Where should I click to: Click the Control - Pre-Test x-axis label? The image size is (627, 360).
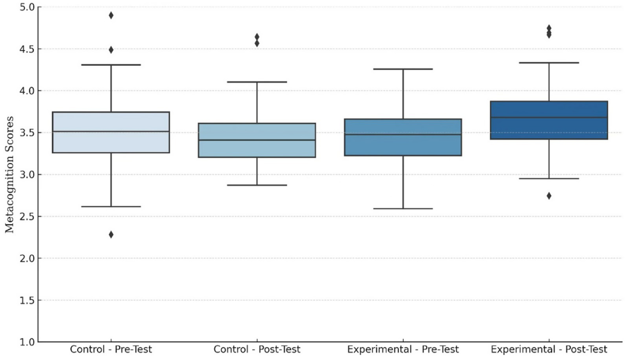click(111, 349)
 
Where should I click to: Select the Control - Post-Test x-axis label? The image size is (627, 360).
click(257, 349)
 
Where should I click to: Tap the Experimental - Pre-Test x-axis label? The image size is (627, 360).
click(403, 349)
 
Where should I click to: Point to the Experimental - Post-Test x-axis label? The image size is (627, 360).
click(549, 349)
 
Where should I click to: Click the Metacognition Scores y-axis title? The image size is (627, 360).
click(9, 174)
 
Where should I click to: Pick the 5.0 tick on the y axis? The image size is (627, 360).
click(27, 7)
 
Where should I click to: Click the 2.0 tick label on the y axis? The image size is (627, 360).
click(27, 258)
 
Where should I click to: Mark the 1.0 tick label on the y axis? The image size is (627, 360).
click(27, 342)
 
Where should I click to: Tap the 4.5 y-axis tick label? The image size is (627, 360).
click(27, 49)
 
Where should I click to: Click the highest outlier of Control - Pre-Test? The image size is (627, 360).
click(111, 16)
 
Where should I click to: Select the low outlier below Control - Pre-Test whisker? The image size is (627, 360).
click(111, 235)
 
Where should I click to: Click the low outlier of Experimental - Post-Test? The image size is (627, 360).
click(549, 196)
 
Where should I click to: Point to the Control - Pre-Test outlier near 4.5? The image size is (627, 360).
click(111, 50)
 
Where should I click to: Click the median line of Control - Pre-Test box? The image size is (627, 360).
click(111, 132)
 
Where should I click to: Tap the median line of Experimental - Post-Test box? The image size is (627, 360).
click(549, 117)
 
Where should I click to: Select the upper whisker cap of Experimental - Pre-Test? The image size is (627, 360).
click(403, 69)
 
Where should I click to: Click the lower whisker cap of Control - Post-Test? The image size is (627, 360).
click(257, 185)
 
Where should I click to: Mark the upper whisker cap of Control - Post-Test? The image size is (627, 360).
click(257, 82)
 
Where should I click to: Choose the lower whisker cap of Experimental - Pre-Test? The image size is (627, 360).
click(403, 208)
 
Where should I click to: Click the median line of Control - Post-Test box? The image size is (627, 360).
click(257, 140)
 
